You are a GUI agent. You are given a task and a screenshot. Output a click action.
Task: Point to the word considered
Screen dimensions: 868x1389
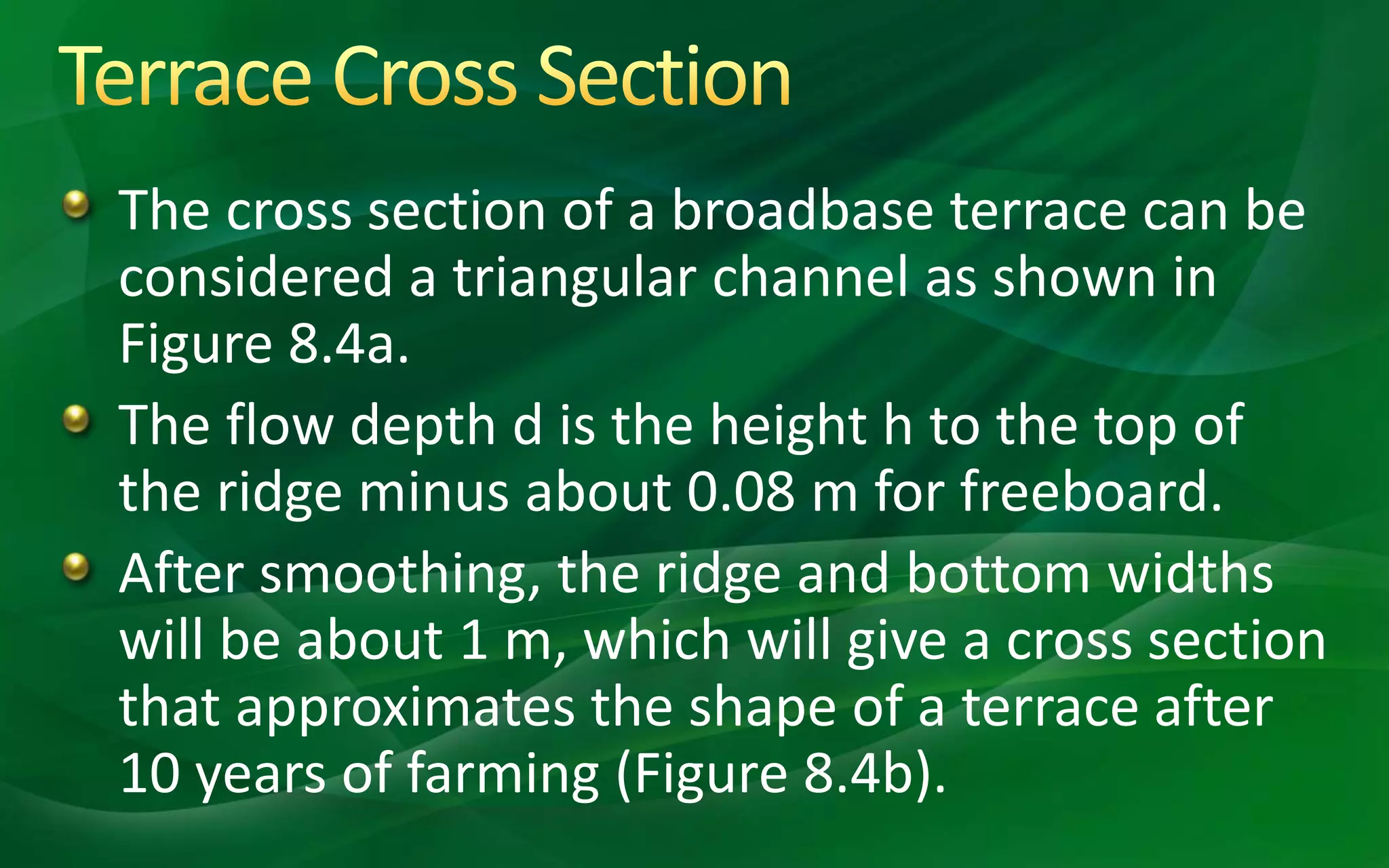pos(256,277)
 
